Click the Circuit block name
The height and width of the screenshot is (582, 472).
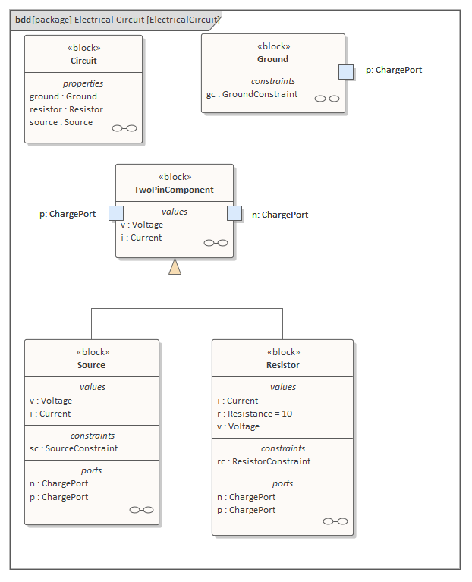pos(83,61)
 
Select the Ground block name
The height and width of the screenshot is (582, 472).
pos(272,59)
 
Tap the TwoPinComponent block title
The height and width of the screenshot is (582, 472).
pos(175,190)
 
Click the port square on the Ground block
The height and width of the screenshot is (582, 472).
pos(346,71)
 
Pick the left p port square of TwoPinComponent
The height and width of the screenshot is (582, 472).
pos(116,213)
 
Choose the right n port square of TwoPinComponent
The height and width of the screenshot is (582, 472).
pos(234,213)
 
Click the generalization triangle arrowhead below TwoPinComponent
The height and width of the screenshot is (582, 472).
pos(175,266)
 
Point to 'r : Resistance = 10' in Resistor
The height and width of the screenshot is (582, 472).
pos(254,414)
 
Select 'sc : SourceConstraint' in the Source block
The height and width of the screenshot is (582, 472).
pos(74,448)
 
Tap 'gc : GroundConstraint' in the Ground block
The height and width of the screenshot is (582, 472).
pos(252,95)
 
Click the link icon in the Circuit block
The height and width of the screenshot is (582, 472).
pos(124,128)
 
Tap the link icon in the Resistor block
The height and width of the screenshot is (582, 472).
pos(335,521)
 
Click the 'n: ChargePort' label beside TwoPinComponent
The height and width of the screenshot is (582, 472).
pos(280,215)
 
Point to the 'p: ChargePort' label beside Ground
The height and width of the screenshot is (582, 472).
pos(394,70)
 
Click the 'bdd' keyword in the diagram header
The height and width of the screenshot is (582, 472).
pos(23,19)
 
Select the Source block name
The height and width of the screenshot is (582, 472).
pos(91,365)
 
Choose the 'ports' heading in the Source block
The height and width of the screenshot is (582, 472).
pos(92,470)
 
